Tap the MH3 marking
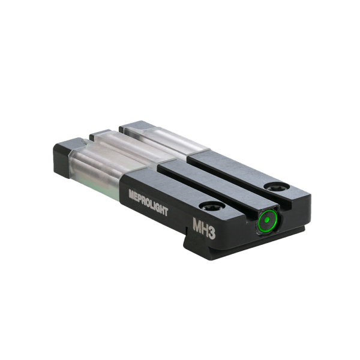tap(204, 229)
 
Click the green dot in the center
tap(266, 220)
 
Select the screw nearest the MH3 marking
tap(212, 205)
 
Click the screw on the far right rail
tap(277, 186)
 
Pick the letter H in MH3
tap(204, 229)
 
